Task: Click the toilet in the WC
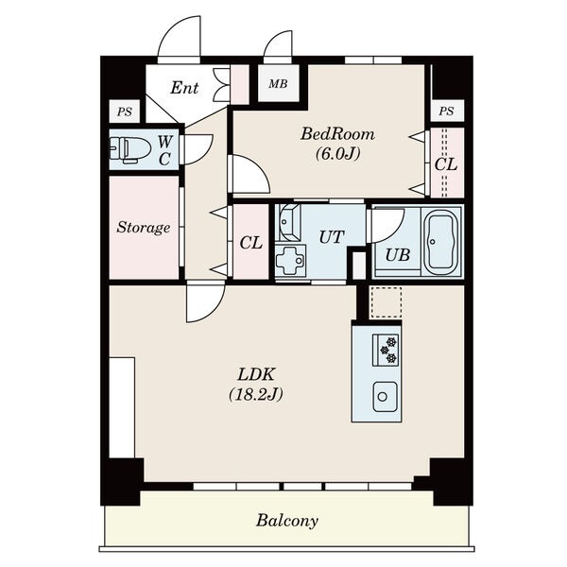tap(130, 149)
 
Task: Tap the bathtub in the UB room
tap(441, 242)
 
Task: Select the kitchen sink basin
tap(386, 397)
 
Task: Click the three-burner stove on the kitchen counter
tap(386, 350)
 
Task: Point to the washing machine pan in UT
tap(290, 260)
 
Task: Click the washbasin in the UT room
tap(288, 222)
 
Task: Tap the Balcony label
tap(287, 521)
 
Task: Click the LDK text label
tap(256, 374)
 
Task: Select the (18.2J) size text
tap(256, 394)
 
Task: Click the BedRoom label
tap(337, 134)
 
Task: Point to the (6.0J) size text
tap(337, 154)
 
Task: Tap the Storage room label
tap(144, 228)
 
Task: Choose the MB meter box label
tap(278, 84)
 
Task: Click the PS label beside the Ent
tap(125, 112)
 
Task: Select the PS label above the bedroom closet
tap(446, 111)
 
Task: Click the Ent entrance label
tap(184, 88)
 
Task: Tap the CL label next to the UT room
tap(250, 243)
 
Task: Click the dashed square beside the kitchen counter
tap(386, 302)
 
